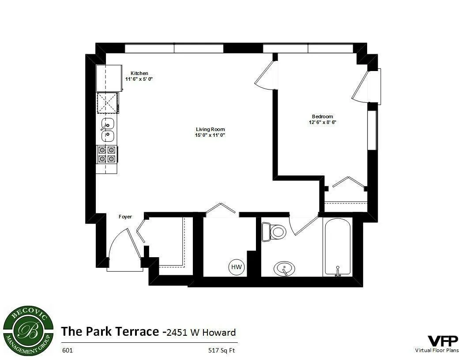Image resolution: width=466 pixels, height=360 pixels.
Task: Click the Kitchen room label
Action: tap(139, 73)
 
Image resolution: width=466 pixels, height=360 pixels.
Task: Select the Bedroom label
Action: tap(322, 116)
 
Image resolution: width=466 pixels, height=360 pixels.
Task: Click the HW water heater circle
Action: tap(237, 267)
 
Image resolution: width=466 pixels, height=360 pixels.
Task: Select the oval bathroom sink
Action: tap(285, 268)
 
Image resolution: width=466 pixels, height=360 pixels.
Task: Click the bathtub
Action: tap(338, 248)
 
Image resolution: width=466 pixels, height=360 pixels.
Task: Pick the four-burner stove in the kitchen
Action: tap(107, 154)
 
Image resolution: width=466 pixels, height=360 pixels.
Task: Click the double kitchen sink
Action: tap(108, 129)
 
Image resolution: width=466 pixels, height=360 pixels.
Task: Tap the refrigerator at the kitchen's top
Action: tap(109, 78)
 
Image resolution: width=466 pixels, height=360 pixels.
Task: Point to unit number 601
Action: tap(67, 351)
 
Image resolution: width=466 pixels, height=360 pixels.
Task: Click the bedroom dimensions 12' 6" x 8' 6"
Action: tap(322, 123)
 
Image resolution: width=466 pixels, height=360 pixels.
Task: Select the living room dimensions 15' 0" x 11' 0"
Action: tap(210, 135)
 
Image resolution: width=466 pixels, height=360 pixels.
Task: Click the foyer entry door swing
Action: tap(119, 247)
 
